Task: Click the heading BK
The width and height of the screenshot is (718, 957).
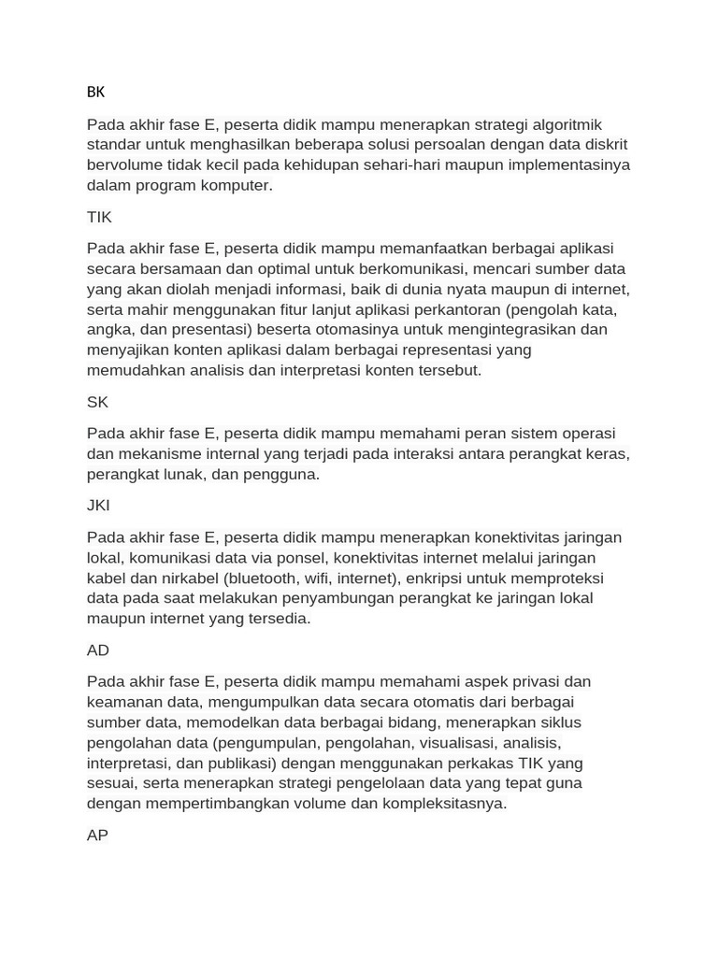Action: (x=95, y=92)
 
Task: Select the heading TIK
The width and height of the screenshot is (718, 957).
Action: (x=99, y=217)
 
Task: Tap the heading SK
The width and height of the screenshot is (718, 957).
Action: (x=97, y=402)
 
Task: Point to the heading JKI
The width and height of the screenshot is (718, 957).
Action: (x=98, y=506)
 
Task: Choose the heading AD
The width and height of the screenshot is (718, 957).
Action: (x=98, y=650)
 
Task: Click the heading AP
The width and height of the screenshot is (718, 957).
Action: (x=97, y=836)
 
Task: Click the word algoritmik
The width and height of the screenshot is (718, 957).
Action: (x=567, y=124)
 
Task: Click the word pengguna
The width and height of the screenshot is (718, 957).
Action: (x=282, y=474)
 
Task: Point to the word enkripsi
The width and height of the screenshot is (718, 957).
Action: (x=441, y=578)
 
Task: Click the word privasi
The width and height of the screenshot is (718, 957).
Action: (x=526, y=681)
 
